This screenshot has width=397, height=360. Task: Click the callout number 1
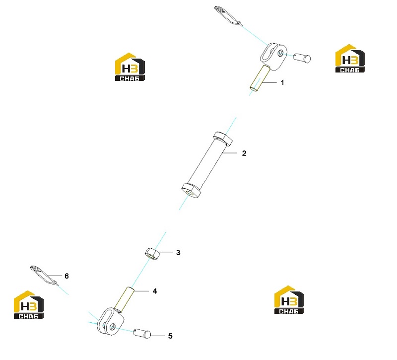coord(282,82)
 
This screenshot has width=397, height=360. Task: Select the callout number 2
coord(244,153)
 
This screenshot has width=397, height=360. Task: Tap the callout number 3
coord(178,253)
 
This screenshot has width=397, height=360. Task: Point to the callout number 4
coord(155,291)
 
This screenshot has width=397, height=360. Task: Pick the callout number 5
coord(170,336)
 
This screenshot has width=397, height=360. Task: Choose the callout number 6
coord(66,276)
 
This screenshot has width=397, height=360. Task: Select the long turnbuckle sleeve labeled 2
coord(207,165)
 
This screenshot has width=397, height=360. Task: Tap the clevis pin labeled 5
coord(142,334)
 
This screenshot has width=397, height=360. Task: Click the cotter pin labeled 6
coord(43,275)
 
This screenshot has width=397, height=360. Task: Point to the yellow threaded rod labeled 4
coord(125,299)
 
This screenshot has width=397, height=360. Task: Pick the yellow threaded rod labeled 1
coord(260,78)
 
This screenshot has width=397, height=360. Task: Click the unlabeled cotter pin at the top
coord(227,15)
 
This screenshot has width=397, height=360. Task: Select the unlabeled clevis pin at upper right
coord(302,58)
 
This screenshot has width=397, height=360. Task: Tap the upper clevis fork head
coord(273,56)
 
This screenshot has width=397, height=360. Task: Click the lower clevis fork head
coord(111,321)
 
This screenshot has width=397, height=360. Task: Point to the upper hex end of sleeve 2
coord(223,139)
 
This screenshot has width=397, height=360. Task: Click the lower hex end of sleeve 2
coord(192,191)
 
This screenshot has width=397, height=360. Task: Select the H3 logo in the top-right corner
coord(350,59)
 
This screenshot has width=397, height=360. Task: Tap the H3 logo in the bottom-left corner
coord(29,304)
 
